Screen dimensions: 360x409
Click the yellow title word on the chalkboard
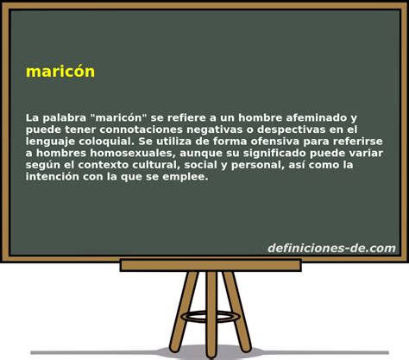tap(60, 72)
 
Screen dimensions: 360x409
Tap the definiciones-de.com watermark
tap(331, 249)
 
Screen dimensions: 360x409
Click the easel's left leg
tap(183, 311)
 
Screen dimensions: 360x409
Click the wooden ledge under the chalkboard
tap(210, 265)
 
